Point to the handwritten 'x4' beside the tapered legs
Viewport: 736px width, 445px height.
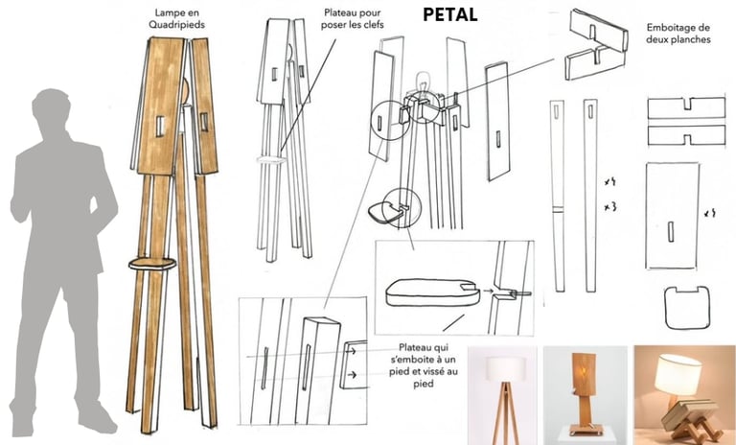609,180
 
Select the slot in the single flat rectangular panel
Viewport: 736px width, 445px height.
671,231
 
